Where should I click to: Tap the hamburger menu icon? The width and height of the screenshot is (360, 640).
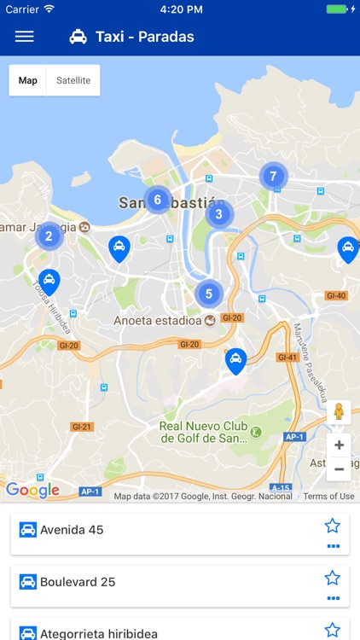(25, 37)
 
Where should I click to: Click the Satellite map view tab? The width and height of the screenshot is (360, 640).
(73, 80)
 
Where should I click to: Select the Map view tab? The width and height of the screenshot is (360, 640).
(28, 80)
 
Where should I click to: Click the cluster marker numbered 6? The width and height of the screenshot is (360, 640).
(157, 201)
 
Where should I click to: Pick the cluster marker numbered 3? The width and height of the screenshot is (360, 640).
(219, 214)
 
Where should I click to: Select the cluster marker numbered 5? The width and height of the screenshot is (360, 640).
(209, 294)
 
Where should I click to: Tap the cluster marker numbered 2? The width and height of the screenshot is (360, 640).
(49, 236)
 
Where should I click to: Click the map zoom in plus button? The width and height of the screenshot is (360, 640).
(339, 445)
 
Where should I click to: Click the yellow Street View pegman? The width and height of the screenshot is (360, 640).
(339, 412)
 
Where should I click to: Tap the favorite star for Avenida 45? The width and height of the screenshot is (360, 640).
(333, 526)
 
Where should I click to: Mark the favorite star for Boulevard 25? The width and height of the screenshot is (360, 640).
(333, 578)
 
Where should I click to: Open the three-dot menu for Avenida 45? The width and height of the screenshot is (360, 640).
(333, 546)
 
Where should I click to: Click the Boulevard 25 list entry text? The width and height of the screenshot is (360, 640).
(78, 582)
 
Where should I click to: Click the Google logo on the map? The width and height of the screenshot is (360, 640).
(32, 490)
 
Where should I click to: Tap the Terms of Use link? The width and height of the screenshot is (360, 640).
(328, 496)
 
